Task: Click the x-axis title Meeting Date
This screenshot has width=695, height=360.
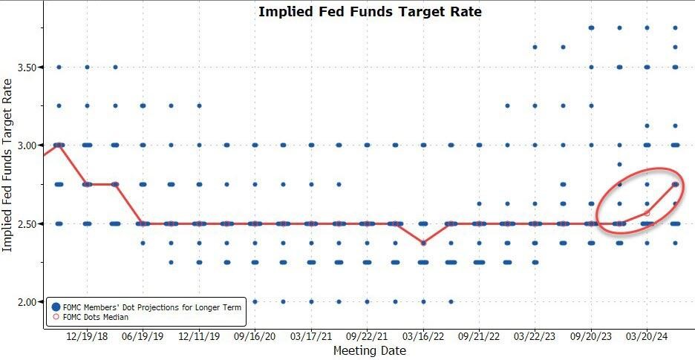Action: tap(369, 350)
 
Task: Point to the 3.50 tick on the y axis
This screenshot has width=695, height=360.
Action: tap(27, 68)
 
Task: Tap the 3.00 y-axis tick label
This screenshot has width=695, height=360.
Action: tap(27, 145)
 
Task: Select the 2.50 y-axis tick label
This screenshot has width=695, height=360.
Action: tap(27, 223)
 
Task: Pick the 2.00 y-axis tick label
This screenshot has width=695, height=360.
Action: tap(27, 302)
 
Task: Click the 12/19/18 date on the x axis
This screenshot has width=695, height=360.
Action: tap(87, 335)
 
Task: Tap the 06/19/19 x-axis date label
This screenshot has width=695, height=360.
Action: tap(143, 335)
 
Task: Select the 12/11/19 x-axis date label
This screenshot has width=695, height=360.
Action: tap(199, 335)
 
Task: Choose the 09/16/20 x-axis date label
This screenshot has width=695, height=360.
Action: tap(255, 335)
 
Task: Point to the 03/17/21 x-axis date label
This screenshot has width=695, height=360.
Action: tap(311, 335)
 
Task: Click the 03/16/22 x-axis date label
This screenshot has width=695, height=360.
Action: tap(423, 335)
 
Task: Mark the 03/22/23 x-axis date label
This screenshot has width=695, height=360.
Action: tap(535, 335)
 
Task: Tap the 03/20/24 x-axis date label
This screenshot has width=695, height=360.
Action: tap(647, 335)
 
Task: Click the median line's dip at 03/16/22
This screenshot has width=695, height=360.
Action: tap(423, 243)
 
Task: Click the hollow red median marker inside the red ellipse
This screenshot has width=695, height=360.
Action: tap(647, 214)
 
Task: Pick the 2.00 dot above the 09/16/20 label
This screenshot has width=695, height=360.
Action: tap(255, 301)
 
